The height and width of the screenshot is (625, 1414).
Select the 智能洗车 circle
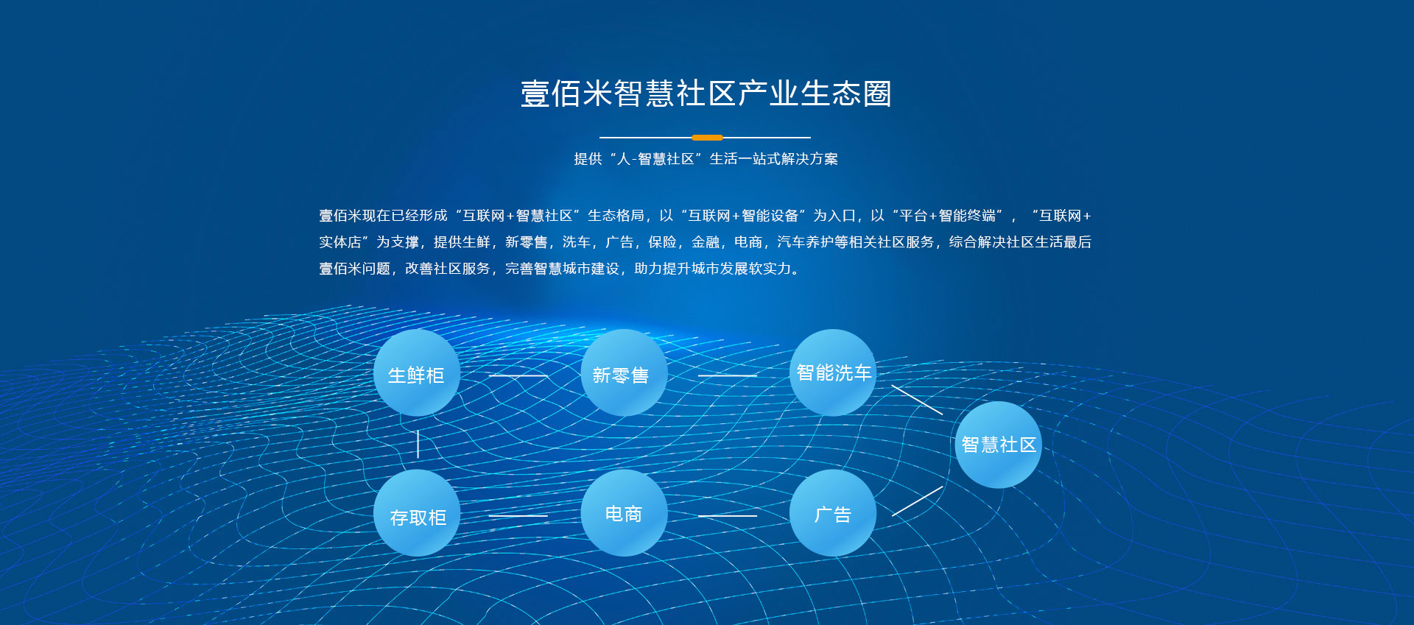click(x=833, y=372)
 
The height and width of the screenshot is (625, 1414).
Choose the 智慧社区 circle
click(x=998, y=445)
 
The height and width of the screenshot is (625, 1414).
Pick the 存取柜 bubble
click(x=417, y=513)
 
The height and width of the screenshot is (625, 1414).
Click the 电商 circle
click(x=625, y=513)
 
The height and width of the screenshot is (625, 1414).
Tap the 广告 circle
click(x=833, y=513)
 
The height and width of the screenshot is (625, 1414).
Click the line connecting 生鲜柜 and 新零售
click(x=518, y=375)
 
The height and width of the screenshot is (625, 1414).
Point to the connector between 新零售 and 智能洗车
click(x=728, y=375)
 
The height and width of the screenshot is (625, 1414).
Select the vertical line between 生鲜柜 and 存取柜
click(x=418, y=444)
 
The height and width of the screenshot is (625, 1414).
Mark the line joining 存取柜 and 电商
click(x=518, y=515)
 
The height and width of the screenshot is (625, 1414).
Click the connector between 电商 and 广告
click(x=728, y=515)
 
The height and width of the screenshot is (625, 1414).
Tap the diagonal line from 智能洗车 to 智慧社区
click(x=917, y=400)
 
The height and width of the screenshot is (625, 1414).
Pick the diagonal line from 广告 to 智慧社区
click(x=917, y=501)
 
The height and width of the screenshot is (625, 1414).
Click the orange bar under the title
click(x=707, y=138)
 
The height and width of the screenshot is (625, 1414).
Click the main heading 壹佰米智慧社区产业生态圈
click(x=706, y=93)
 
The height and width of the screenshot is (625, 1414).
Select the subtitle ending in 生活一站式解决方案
click(x=706, y=159)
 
